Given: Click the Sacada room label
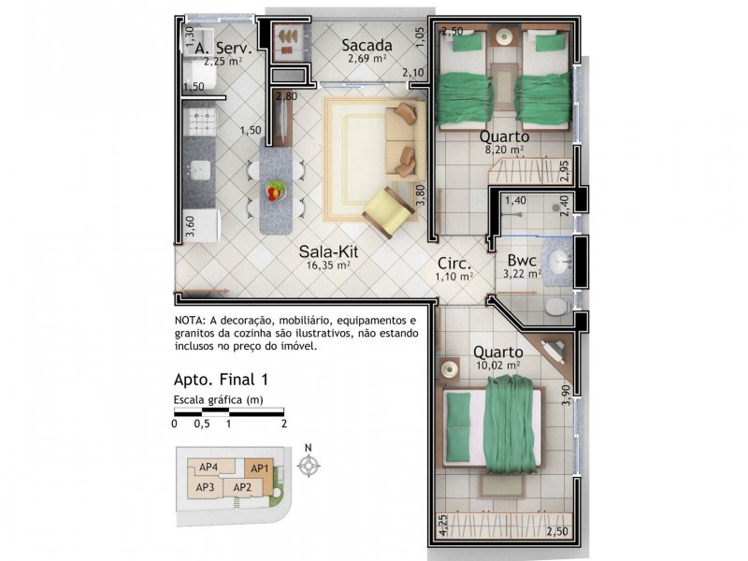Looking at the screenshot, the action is pyautogui.click(x=367, y=46).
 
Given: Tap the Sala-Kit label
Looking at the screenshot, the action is pyautogui.click(x=328, y=252).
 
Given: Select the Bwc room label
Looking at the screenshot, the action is pyautogui.click(x=522, y=261).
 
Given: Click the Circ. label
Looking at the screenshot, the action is pyautogui.click(x=454, y=264).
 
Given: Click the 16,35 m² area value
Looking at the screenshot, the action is pyautogui.click(x=328, y=266).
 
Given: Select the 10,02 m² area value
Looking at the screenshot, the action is pyautogui.click(x=498, y=366).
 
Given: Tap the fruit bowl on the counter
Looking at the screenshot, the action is pyautogui.click(x=275, y=191).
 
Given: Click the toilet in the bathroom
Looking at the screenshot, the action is pyautogui.click(x=557, y=307).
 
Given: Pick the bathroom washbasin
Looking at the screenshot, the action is pyautogui.click(x=560, y=262).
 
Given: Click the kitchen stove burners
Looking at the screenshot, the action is pyautogui.click(x=200, y=122).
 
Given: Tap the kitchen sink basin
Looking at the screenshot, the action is pyautogui.click(x=199, y=170).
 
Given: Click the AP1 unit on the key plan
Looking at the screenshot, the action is pyautogui.click(x=260, y=468).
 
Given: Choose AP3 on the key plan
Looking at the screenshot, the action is pyautogui.click(x=205, y=487).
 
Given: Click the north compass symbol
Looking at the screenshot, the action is pyautogui.click(x=309, y=465).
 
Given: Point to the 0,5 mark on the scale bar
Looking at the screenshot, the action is pyautogui.click(x=202, y=424).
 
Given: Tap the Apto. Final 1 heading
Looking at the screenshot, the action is pyautogui.click(x=221, y=380).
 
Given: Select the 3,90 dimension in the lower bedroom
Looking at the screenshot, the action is pyautogui.click(x=566, y=395).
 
